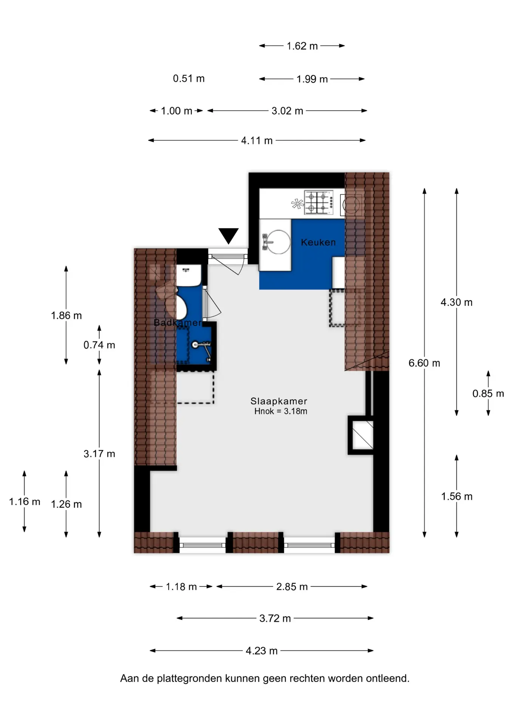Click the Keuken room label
click(x=318, y=242)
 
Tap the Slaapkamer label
click(x=279, y=401)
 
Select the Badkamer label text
click(x=178, y=323)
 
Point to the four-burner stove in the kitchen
click(x=319, y=202)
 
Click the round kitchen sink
click(x=278, y=242)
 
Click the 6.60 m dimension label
click(x=424, y=363)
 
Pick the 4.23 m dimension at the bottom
click(x=261, y=651)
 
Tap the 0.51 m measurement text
click(x=189, y=78)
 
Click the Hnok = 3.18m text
click(x=281, y=411)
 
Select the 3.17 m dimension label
click(x=99, y=454)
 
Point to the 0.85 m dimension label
click(x=488, y=394)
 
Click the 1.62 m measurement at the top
click(x=302, y=46)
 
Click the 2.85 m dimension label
click(x=292, y=586)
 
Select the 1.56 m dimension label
click(x=457, y=496)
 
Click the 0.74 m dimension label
click(x=99, y=345)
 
